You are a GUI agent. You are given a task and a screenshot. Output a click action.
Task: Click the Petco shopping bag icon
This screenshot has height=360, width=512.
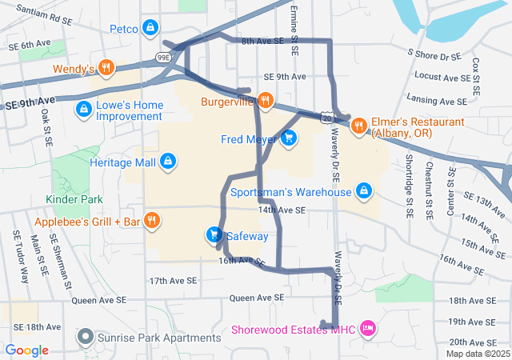150,29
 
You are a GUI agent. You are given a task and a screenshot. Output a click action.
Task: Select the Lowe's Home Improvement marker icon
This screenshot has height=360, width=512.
82,108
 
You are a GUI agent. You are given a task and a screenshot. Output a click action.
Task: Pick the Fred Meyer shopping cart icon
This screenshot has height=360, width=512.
289,139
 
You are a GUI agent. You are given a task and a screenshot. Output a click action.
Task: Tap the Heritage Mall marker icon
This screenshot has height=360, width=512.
167,162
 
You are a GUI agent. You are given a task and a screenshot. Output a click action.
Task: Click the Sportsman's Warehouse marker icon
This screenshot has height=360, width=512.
364,191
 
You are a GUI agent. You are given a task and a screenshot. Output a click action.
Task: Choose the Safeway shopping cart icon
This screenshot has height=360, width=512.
214,234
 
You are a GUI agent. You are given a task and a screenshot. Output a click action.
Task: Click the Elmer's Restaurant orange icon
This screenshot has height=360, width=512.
358,125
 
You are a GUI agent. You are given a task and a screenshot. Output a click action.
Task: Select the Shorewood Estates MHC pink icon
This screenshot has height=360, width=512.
367,327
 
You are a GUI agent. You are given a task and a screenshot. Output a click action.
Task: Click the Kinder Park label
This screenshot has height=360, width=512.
74,198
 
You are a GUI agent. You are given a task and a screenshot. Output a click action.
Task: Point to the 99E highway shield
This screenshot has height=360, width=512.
162,58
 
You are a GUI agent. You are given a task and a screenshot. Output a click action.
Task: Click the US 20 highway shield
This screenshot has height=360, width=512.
329,117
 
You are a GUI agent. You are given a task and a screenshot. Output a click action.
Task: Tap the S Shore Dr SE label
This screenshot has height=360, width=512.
434,55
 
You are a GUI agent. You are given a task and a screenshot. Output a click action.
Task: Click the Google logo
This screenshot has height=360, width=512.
26,350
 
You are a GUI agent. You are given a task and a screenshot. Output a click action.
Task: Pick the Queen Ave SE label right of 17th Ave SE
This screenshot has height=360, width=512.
257,298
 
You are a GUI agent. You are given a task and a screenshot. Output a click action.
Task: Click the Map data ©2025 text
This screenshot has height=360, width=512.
477,354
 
